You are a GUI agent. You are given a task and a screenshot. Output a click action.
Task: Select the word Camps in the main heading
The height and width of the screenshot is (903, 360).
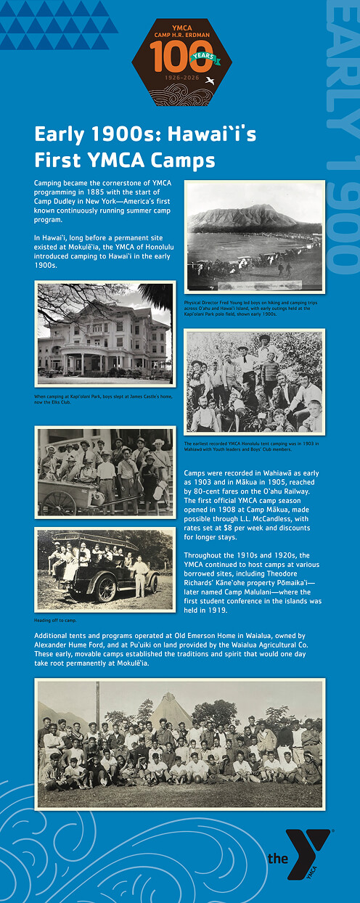pos(181,159)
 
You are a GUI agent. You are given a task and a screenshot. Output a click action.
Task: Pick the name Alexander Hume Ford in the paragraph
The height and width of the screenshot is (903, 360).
pos(70,645)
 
